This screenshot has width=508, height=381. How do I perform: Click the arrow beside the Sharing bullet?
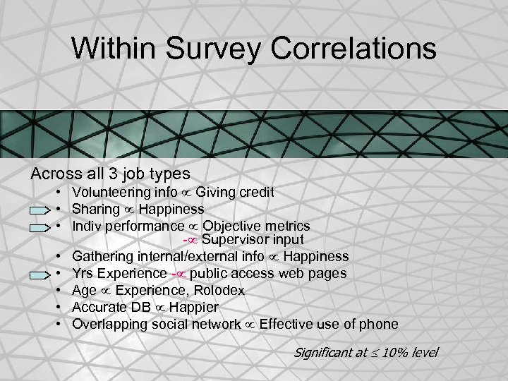click(x=41, y=210)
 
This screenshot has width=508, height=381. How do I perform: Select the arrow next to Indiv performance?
click(x=41, y=227)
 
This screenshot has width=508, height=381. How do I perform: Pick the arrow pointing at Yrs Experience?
click(x=41, y=274)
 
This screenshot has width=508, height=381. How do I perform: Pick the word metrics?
click(x=285, y=226)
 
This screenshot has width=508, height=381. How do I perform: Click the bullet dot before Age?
click(x=64, y=291)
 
